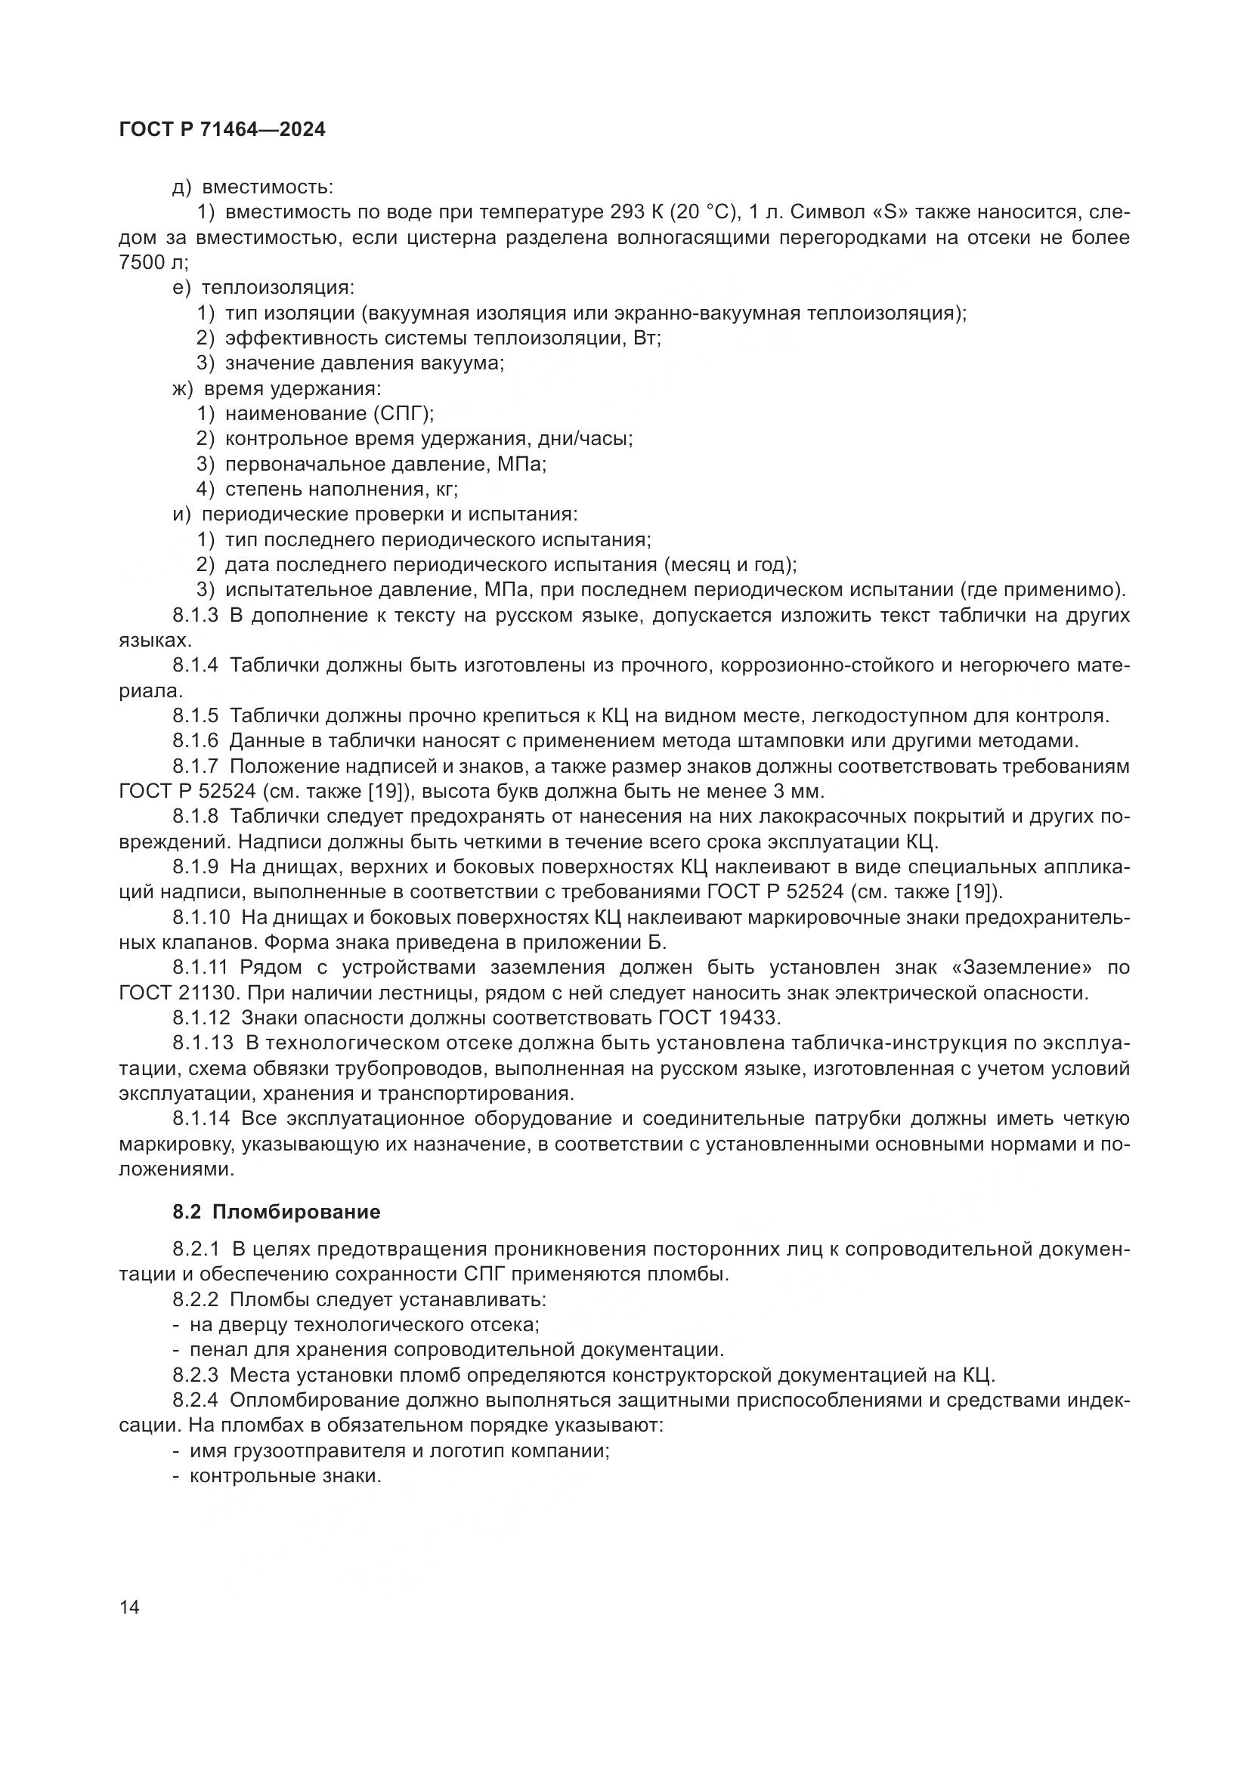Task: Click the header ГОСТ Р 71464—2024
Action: [x=222, y=130]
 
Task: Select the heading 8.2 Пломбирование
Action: [x=277, y=1212]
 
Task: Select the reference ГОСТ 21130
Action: [x=170, y=993]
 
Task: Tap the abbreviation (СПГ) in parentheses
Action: [x=404, y=414]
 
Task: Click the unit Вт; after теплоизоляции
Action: [x=648, y=338]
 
